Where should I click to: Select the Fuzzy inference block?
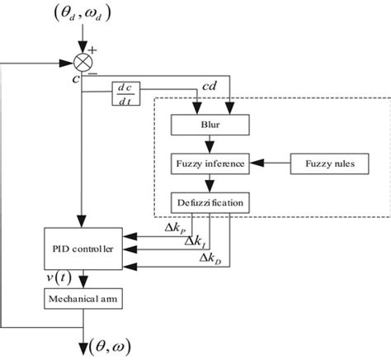[x=208, y=163]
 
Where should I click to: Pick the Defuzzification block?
[x=208, y=202]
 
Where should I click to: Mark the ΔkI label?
[x=196, y=240]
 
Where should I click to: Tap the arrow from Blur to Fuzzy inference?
[x=208, y=145]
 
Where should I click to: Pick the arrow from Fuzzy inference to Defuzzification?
[x=208, y=182]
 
